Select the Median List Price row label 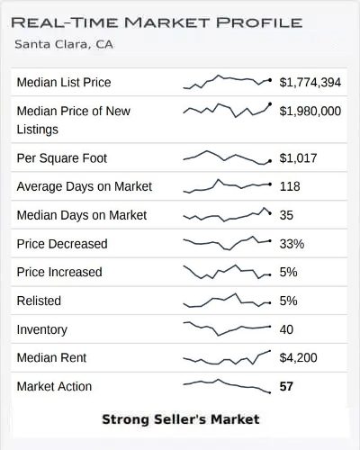tap(64, 83)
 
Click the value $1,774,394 tap(310, 83)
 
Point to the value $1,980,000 tap(310, 111)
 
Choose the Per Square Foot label tap(61, 158)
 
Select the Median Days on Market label tap(82, 215)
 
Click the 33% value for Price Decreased tap(292, 244)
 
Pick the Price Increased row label tap(59, 272)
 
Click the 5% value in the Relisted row tap(288, 301)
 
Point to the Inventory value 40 tap(286, 329)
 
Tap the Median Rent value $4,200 tap(296, 357)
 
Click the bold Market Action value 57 tap(287, 386)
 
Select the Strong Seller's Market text tap(180, 419)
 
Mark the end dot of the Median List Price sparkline tap(270, 80)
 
